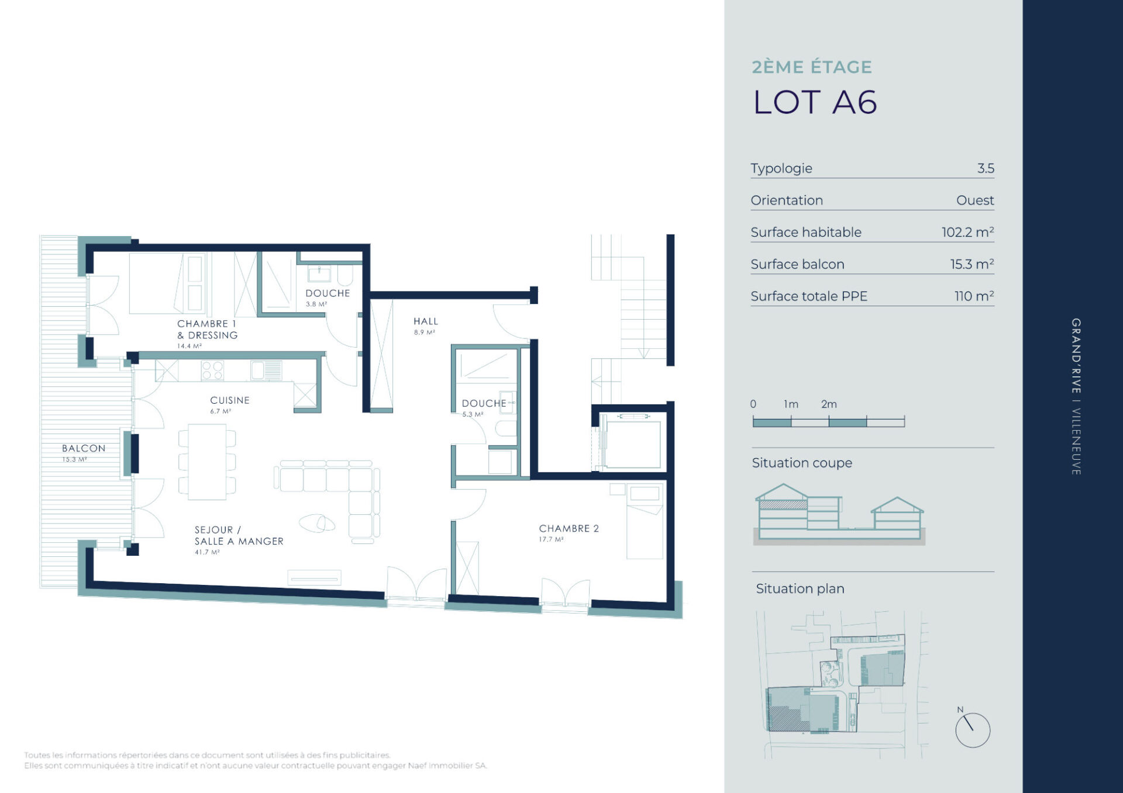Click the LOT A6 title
tap(815, 102)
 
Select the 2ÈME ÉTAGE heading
tap(812, 67)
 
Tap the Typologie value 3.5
tap(986, 168)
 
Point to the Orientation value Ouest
tap(975, 200)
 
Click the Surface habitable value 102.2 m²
tap(967, 232)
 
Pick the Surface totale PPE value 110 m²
tap(974, 296)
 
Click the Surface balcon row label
tap(797, 264)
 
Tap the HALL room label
tap(425, 321)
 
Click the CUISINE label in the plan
tap(229, 400)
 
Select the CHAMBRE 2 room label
tap(569, 528)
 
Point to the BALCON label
tap(84, 448)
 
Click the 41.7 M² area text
tap(207, 552)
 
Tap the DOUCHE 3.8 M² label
tap(328, 297)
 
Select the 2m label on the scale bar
tap(829, 404)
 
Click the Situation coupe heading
tap(802, 463)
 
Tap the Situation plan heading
tap(800, 588)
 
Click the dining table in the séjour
tap(207, 462)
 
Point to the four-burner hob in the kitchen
tap(212, 370)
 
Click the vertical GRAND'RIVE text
tap(1076, 356)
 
